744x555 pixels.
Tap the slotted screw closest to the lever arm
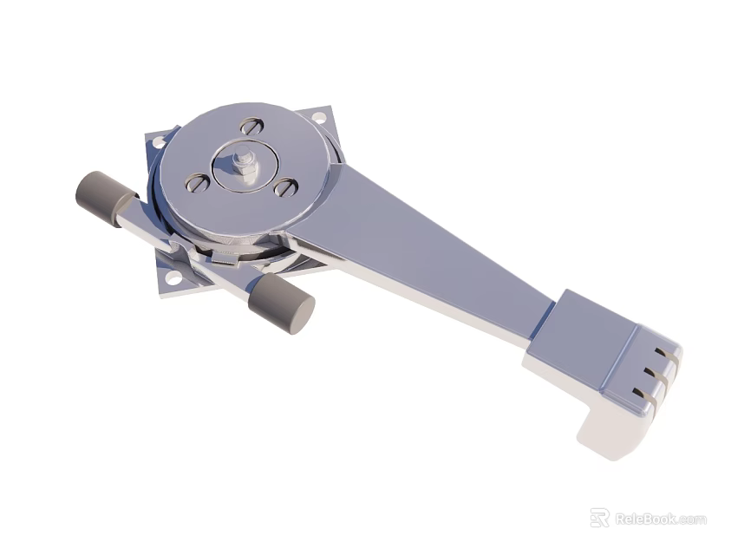285,187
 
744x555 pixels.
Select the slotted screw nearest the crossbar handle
198,182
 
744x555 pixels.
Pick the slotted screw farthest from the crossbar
252,126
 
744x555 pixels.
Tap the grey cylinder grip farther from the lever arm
104,199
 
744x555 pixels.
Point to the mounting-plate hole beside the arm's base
318,116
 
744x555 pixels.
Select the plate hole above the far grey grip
159,141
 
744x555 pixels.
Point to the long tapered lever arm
434,251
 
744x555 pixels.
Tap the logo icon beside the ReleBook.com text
599,518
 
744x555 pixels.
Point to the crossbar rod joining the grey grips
186,247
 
